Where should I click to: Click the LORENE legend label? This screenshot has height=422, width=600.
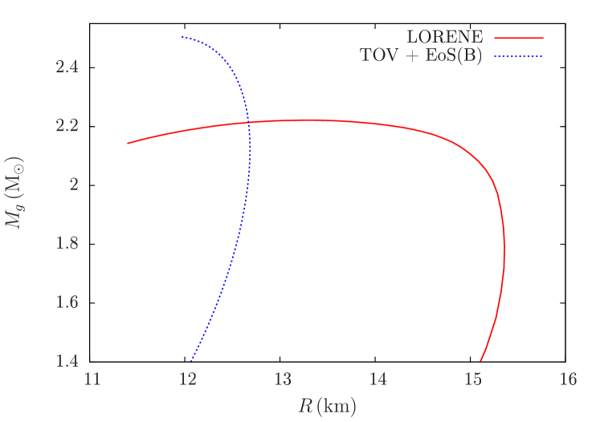pos(444,38)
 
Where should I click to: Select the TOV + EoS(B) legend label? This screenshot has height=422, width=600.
pos(421,56)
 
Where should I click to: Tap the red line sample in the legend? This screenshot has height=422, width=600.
pos(519,38)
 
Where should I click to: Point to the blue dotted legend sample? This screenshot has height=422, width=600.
pos(519,56)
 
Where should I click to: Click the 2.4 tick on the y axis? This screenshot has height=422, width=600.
pos(67,67)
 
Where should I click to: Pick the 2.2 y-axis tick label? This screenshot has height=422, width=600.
pos(67,126)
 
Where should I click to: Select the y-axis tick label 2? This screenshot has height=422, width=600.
pos(73,185)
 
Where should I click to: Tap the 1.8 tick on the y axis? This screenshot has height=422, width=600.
pos(67,243)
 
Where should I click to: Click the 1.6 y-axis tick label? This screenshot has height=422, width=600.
pos(67,302)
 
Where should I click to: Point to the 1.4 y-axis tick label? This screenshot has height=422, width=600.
pos(67,360)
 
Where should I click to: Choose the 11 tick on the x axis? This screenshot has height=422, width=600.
pos(92,379)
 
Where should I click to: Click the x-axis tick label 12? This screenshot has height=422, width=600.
pos(187,379)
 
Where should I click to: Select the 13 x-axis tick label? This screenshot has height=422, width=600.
pos(283,379)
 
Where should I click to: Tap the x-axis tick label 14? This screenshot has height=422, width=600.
pos(378,379)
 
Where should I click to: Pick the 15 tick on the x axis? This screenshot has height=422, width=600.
pos(473,379)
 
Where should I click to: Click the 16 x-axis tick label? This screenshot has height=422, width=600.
pos(568,379)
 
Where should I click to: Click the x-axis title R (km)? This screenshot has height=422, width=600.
pos(327,407)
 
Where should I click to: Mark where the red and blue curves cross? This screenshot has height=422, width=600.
pos(248,122)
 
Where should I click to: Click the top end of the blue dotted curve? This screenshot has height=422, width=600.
pos(182,37)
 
